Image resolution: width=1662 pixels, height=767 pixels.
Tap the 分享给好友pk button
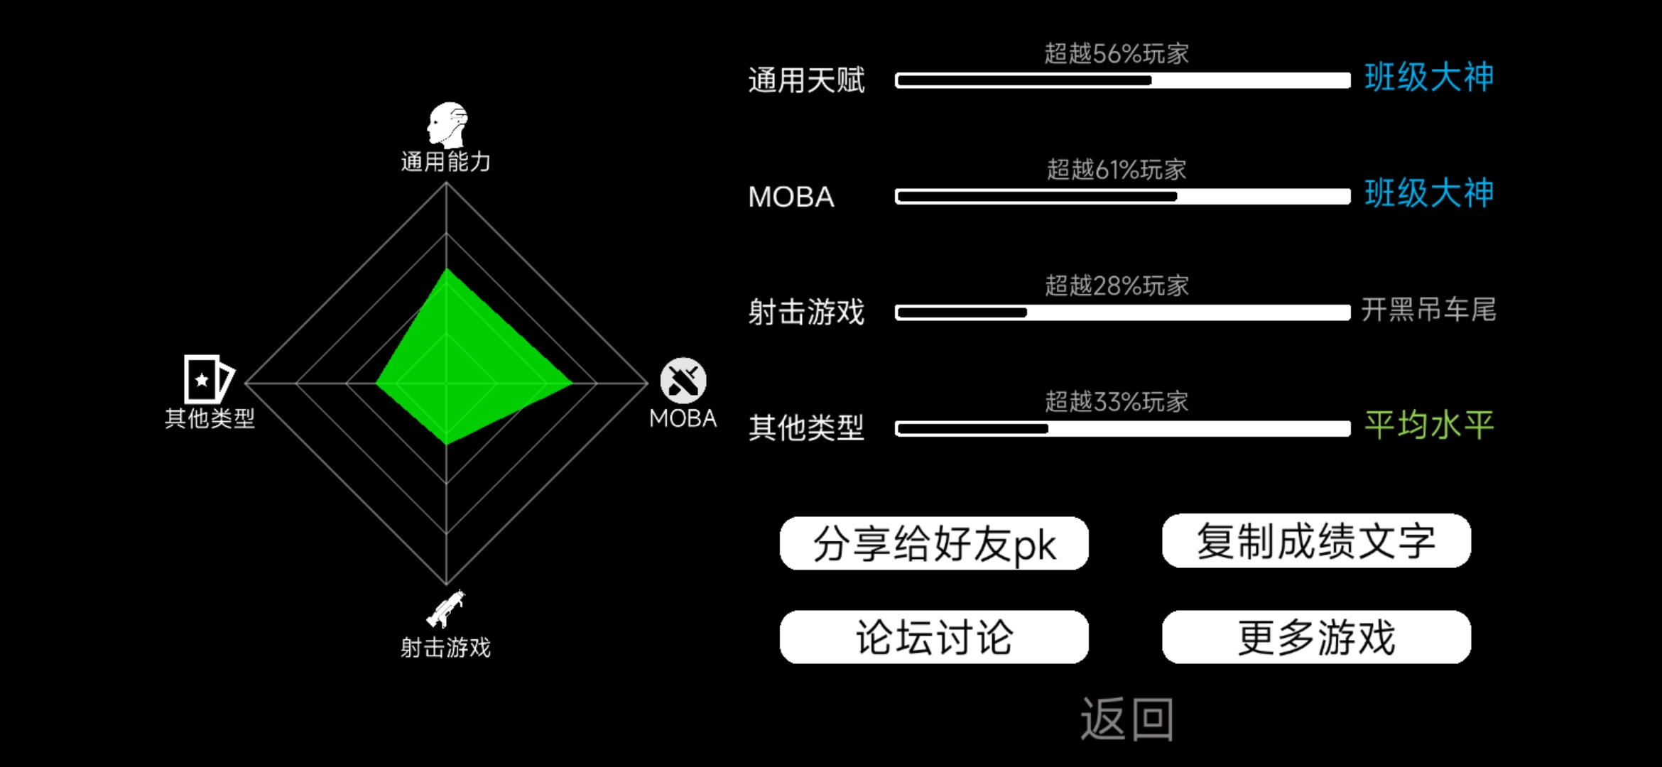(x=934, y=543)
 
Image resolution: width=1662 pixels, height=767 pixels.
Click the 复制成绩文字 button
(x=1316, y=541)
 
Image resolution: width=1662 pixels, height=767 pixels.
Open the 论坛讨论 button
(x=934, y=637)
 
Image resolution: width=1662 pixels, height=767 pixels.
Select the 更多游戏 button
(x=1316, y=637)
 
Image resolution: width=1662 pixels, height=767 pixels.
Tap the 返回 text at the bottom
(x=1127, y=719)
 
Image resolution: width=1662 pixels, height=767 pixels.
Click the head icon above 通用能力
(x=447, y=125)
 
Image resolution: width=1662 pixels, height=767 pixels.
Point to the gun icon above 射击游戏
(x=445, y=609)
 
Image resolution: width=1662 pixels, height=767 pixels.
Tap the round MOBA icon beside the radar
(x=683, y=381)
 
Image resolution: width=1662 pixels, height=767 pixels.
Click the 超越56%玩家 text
(x=1117, y=53)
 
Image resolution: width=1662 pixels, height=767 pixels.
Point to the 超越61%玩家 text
(x=1117, y=170)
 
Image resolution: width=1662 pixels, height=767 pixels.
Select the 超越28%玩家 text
(x=1117, y=285)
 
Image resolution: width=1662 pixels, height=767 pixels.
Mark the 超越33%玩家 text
(x=1117, y=402)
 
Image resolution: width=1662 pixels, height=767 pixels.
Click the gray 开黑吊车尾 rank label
(x=1429, y=310)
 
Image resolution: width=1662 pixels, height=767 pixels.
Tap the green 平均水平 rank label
(x=1429, y=425)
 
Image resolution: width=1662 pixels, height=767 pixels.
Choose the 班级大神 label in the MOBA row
(x=1429, y=193)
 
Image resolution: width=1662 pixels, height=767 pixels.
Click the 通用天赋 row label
(x=806, y=80)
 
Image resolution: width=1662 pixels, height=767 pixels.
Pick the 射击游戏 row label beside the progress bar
(x=806, y=312)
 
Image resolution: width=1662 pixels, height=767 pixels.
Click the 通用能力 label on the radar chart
(x=445, y=162)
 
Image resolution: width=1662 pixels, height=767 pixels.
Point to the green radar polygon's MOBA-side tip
(x=572, y=383)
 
